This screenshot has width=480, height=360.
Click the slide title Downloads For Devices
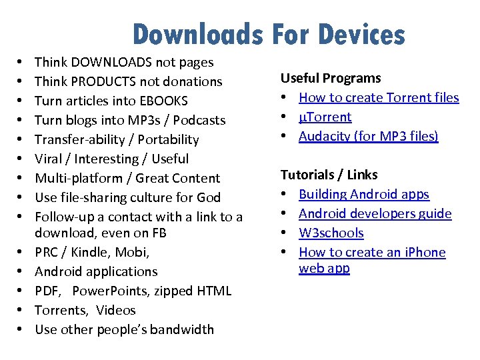[268, 34]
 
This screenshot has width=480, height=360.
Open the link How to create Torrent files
[379, 97]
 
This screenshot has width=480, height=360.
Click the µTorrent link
[325, 117]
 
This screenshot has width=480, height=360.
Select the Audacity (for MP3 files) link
[368, 136]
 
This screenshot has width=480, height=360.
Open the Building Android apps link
[364, 194]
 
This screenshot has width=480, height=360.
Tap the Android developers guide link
[375, 213]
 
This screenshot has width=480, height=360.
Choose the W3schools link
[331, 233]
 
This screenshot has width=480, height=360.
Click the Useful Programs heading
[330, 78]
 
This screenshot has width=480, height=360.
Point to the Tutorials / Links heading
[329, 175]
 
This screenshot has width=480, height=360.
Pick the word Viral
[49, 159]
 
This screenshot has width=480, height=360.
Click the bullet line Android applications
[96, 271]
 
